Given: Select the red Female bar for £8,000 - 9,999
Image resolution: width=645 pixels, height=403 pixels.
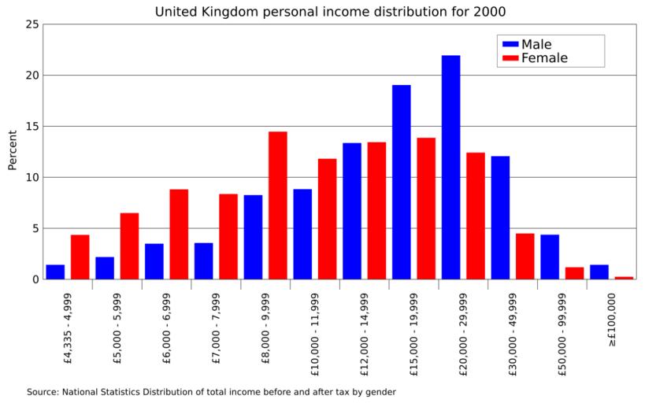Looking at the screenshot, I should [277, 205].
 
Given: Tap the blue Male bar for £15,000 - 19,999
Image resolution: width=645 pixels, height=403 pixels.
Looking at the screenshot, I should [401, 182].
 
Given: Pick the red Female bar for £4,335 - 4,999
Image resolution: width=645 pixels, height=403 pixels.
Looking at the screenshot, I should [80, 257].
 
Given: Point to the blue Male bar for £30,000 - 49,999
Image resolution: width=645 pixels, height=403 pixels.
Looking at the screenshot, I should [500, 217].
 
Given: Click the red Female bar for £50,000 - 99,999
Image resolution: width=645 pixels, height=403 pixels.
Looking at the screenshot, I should [574, 273].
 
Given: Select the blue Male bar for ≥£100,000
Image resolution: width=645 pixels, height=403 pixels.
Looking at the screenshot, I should [599, 272].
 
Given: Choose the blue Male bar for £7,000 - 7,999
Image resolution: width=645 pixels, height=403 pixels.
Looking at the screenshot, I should [203, 261].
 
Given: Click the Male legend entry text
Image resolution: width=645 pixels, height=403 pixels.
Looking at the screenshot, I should [536, 44].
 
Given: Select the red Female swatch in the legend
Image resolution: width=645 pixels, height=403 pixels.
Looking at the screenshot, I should [509, 58].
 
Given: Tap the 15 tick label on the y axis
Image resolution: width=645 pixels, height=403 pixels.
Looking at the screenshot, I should [32, 126].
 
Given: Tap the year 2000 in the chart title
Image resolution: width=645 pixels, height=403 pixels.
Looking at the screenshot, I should [488, 12].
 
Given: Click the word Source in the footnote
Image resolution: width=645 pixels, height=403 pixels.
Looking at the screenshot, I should [42, 391].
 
